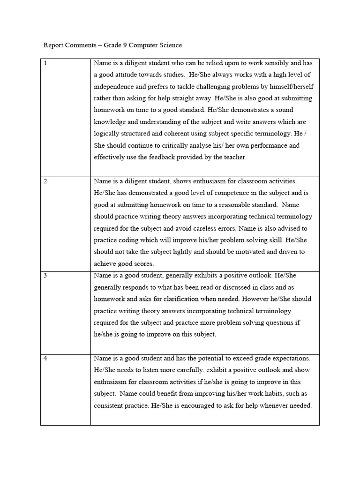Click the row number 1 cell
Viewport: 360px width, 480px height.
(x=45, y=63)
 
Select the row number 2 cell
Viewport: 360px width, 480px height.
(x=45, y=181)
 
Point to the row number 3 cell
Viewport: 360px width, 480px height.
(x=45, y=276)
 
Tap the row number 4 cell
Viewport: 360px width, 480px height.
(x=45, y=359)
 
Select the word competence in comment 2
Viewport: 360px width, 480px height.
(x=199, y=193)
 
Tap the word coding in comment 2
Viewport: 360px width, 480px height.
(x=127, y=240)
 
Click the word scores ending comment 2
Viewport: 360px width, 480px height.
(x=144, y=263)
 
